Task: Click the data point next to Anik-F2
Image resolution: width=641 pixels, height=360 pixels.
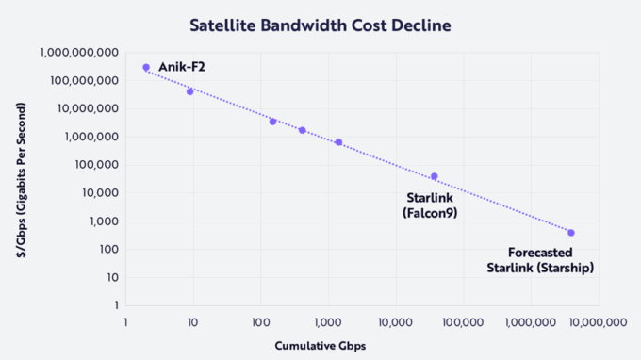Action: click(x=146, y=68)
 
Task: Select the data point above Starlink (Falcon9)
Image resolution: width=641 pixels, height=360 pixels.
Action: click(x=435, y=176)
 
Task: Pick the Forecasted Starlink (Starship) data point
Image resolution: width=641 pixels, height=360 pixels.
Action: click(x=571, y=233)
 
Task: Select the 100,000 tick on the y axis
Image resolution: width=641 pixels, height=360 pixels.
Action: click(x=92, y=165)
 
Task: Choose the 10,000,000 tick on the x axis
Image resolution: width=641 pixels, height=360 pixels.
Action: click(x=596, y=322)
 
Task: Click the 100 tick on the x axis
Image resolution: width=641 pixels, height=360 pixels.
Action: click(x=260, y=322)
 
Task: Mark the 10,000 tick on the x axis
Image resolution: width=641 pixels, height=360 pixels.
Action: click(x=395, y=322)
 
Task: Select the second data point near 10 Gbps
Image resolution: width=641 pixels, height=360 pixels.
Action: click(x=190, y=91)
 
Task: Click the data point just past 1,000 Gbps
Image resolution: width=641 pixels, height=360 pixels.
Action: click(x=338, y=142)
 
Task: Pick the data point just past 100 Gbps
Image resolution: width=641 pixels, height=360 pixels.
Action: click(x=272, y=122)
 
